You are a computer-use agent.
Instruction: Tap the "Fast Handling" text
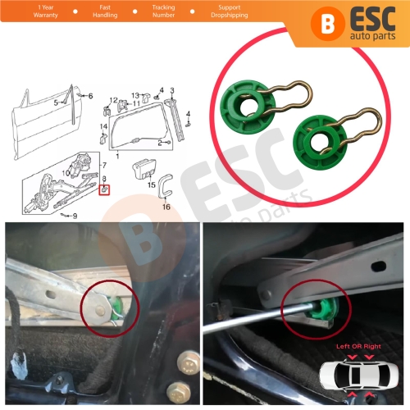tap(105, 11)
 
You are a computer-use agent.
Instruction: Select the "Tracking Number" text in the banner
tap(163, 11)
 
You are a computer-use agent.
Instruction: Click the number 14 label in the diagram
tap(104, 125)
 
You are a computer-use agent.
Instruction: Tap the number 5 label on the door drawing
tap(57, 103)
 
